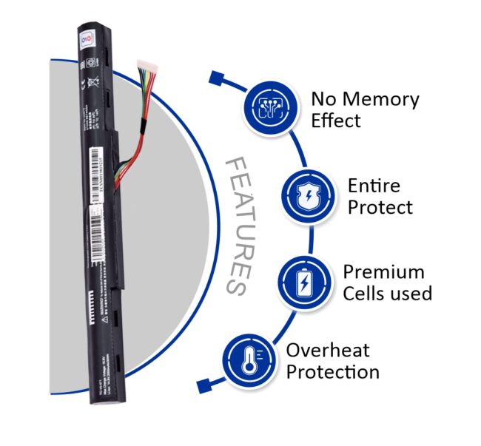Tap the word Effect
[335, 121]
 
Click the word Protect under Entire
[380, 207]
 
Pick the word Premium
[383, 271]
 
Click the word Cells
[366, 293]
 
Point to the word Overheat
[328, 350]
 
